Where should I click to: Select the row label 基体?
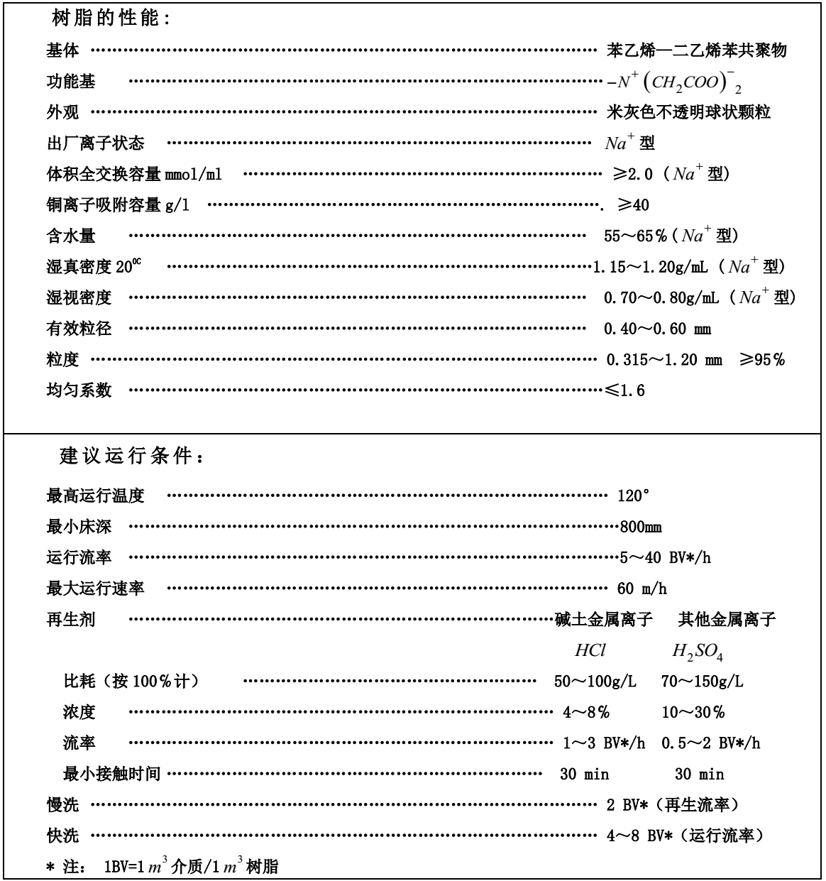[x=63, y=50]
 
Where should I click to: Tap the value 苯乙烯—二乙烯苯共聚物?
[x=697, y=50]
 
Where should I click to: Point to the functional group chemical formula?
[x=673, y=83]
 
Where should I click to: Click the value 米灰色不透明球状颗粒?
[x=688, y=112]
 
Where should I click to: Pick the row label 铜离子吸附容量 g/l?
[x=118, y=205]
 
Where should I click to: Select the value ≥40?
[x=632, y=205]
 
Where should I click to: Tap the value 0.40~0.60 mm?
[x=657, y=329]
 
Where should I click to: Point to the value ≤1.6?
[x=625, y=390]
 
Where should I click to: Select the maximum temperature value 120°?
[x=634, y=496]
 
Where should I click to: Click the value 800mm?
[x=641, y=527]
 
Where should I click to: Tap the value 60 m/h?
[x=641, y=589]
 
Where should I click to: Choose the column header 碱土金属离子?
[x=603, y=620]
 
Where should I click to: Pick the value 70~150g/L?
[x=703, y=682]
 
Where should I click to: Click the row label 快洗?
[x=63, y=836]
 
